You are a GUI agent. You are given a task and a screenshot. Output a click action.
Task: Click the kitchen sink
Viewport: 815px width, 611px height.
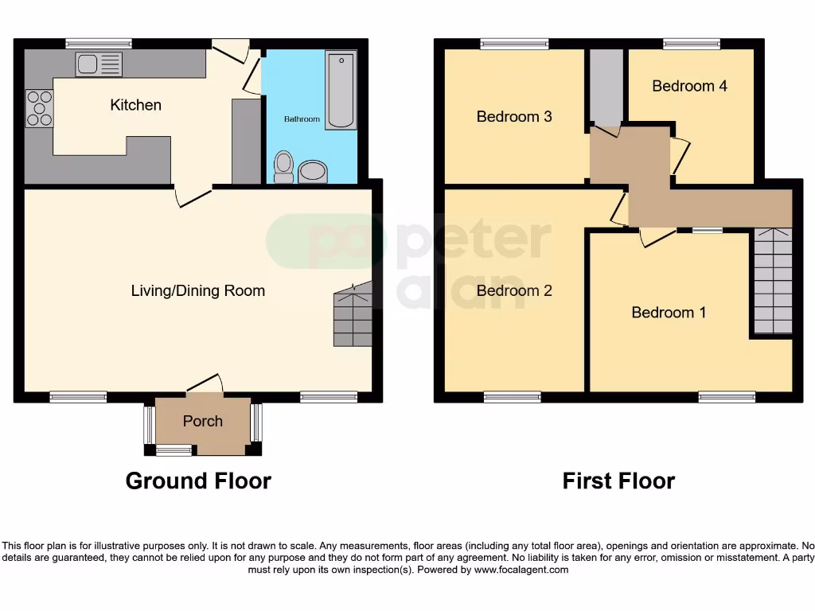point(99,64)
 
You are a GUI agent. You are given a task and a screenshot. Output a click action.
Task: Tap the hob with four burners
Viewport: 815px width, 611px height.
point(39,109)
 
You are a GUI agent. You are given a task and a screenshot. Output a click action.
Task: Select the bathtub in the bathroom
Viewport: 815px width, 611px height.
point(341,89)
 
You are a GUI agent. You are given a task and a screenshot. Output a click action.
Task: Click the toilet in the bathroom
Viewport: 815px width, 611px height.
point(283,167)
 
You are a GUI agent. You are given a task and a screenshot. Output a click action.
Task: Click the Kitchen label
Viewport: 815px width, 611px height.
point(135,105)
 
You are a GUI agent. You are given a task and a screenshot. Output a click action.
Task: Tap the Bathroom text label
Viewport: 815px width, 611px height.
point(302,119)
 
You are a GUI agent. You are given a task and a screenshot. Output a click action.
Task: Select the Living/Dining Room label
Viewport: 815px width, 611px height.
point(197,290)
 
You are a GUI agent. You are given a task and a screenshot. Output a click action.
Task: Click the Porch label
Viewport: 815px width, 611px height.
point(203,421)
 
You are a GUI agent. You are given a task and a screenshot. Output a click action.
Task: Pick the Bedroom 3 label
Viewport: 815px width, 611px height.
point(514,117)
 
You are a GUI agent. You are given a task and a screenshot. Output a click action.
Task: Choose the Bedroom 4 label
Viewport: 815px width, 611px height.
point(689,86)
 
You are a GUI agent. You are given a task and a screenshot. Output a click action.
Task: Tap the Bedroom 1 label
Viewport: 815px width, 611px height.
point(669,313)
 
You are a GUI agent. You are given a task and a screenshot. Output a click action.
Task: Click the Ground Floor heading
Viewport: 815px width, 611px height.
point(198,481)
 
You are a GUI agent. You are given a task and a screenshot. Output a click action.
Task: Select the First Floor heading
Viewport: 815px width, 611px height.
point(618,481)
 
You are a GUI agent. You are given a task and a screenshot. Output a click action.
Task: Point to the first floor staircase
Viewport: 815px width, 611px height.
point(773,281)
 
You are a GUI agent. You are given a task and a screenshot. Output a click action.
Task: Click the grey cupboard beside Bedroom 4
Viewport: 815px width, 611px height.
point(606,86)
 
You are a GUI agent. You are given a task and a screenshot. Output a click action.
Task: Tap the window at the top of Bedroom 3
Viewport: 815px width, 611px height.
point(514,45)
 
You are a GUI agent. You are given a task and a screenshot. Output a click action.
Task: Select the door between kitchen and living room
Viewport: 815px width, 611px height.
point(193,197)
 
